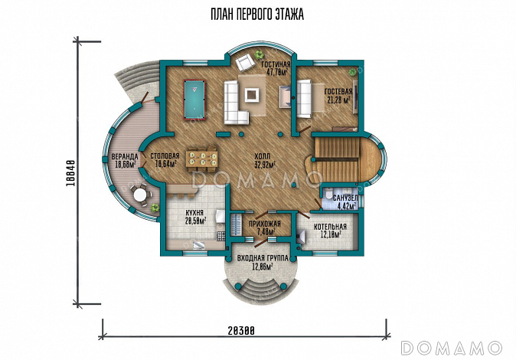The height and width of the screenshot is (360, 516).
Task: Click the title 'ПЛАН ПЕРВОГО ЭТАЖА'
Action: point(257,15)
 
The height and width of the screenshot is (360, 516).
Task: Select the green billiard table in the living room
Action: point(194,100)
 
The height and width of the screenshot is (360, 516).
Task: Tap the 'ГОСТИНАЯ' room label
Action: point(276,64)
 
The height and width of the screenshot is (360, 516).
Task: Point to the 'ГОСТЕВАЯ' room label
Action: point(338,92)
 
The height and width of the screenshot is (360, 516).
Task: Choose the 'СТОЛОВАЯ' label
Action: point(165,156)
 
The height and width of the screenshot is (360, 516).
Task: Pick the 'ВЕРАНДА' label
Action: point(124,156)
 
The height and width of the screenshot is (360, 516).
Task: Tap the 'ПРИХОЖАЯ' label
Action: point(265,224)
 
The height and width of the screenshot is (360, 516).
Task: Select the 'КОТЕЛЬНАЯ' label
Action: point(330,227)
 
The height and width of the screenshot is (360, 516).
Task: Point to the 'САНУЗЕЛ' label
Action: point(345,198)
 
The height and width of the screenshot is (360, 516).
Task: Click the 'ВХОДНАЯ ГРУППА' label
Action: point(263,258)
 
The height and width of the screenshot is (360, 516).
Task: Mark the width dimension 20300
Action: point(241,331)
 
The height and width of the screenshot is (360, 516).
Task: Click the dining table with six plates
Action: point(201,159)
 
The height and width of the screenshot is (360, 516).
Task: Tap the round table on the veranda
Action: point(140,195)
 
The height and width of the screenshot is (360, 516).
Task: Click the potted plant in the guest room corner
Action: point(353,71)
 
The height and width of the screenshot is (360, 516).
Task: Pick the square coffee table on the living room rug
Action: point(252,95)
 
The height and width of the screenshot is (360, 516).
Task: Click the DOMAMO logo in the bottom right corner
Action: point(451,348)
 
